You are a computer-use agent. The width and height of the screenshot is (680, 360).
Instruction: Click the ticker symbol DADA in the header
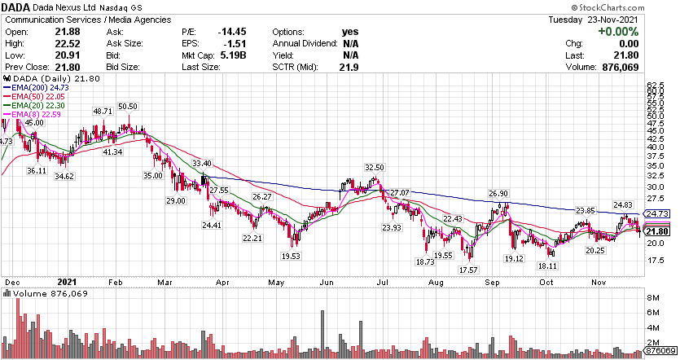16,7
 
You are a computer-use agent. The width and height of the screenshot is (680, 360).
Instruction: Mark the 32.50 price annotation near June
373,167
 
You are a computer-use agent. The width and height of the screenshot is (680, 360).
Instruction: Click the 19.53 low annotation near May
292,256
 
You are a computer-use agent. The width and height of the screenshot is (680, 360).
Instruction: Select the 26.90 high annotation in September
498,193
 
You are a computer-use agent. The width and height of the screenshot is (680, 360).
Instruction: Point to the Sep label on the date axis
492,282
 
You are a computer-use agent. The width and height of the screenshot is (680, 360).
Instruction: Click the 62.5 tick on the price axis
657,84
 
